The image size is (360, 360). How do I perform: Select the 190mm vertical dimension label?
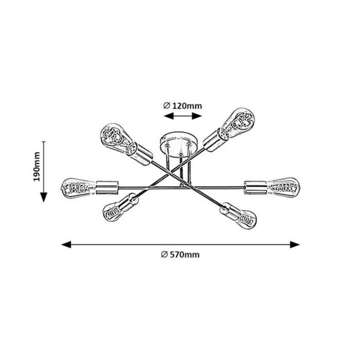[x=37, y=167]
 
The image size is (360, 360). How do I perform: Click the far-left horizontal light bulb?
[x=78, y=188]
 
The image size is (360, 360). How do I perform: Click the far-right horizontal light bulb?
[x=283, y=188]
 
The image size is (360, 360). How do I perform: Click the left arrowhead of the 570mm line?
[x=66, y=244]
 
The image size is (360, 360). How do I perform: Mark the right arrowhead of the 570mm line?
[x=295, y=244]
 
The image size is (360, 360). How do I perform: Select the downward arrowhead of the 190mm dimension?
[x=44, y=197]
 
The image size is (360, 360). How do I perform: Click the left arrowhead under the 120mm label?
[x=169, y=116]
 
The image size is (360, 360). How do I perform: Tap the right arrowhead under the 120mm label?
[x=197, y=116]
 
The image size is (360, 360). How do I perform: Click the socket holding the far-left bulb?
[x=107, y=188]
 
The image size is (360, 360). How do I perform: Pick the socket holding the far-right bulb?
[x=256, y=187]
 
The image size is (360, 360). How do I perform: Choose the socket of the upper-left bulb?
[x=141, y=153]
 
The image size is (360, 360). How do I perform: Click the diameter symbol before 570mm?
[x=164, y=255]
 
